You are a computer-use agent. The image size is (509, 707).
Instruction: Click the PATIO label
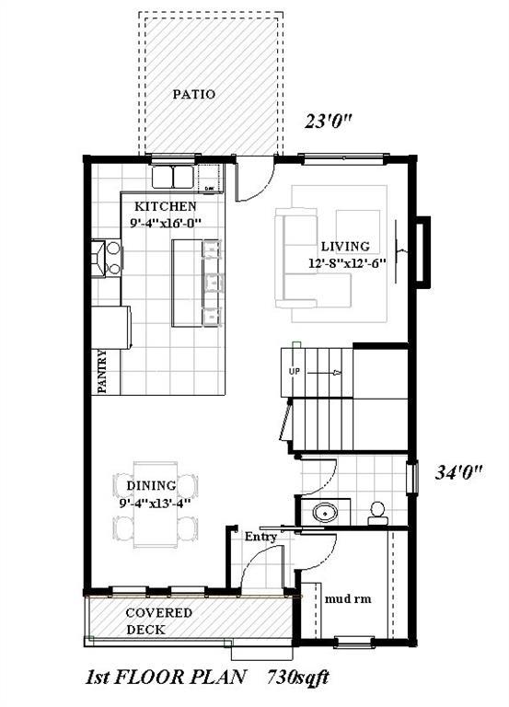pyautogui.click(x=194, y=94)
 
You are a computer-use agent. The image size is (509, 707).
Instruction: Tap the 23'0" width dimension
pyautogui.click(x=330, y=120)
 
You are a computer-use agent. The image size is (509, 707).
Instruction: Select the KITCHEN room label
pyautogui.click(x=166, y=206)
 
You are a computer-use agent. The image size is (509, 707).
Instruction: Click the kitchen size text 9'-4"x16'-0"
pyautogui.click(x=165, y=222)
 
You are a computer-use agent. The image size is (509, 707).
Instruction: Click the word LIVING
pyautogui.click(x=345, y=246)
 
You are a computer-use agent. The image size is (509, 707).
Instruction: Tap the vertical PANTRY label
pyautogui.click(x=103, y=370)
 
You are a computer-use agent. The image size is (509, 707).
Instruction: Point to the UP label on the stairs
pyautogui.click(x=295, y=371)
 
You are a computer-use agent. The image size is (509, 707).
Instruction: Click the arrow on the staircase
pyautogui.click(x=327, y=373)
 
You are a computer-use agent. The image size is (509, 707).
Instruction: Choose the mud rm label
pyautogui.click(x=349, y=598)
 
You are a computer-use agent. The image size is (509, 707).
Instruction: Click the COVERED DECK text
pyautogui.click(x=158, y=621)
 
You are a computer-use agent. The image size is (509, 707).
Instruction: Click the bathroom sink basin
pyautogui.click(x=323, y=513)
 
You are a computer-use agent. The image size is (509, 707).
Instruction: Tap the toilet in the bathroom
pyautogui.click(x=377, y=513)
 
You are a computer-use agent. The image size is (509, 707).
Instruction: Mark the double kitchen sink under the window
pyautogui.click(x=173, y=175)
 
